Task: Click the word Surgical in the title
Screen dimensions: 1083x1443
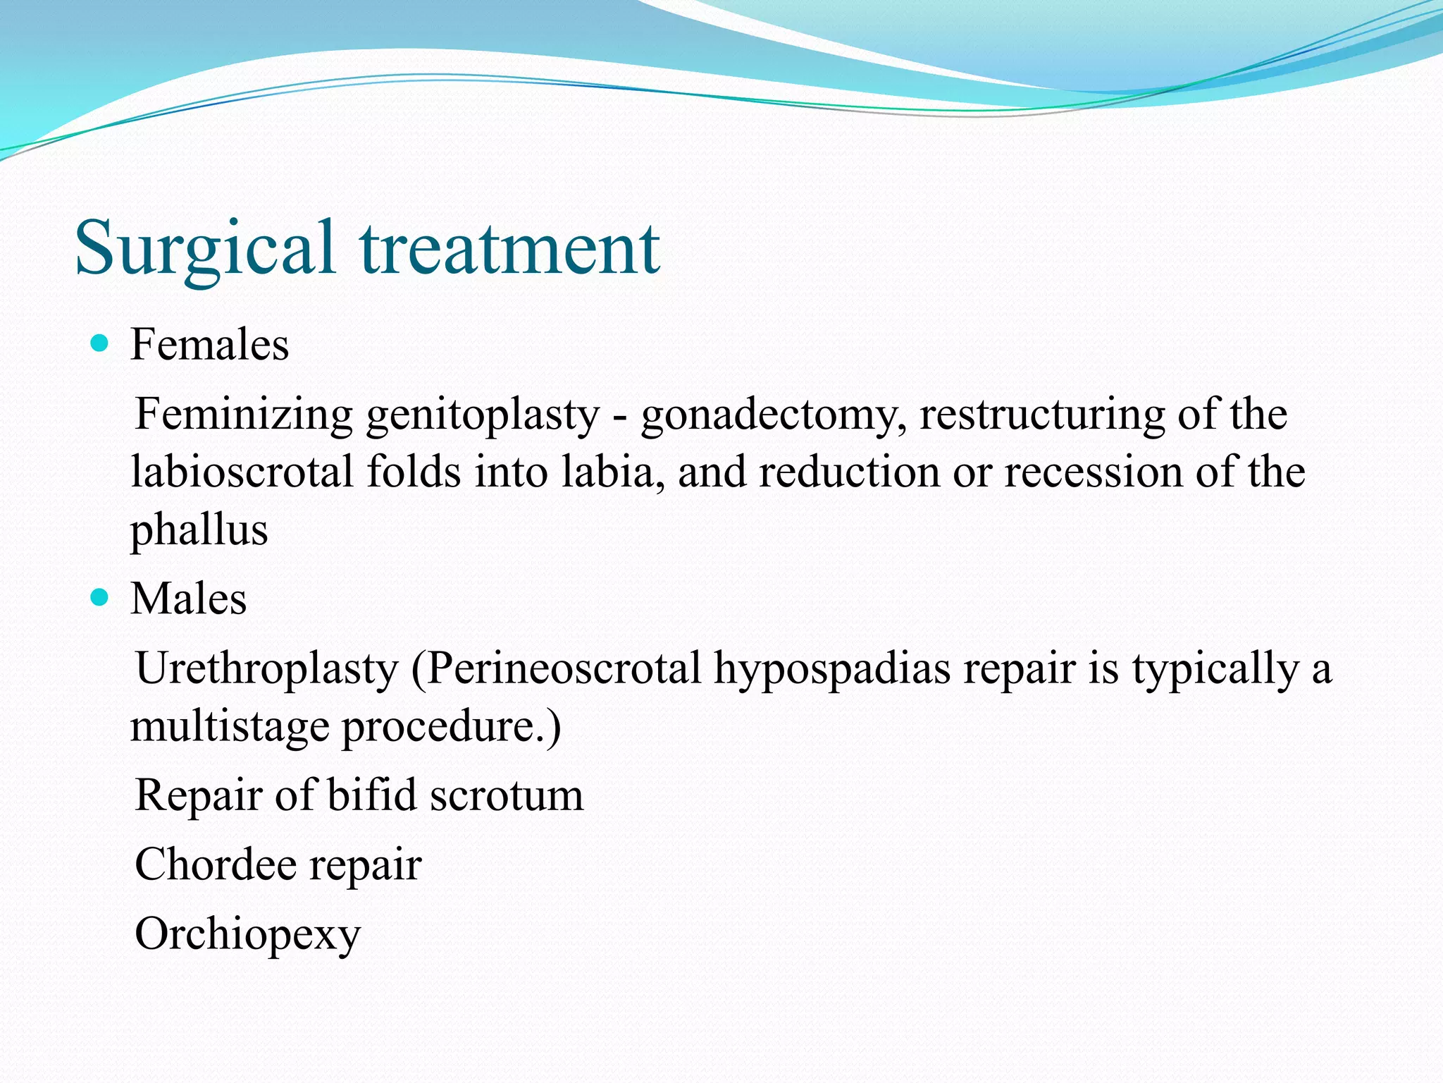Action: click(204, 248)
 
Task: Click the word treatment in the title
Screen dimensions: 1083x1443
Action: click(509, 248)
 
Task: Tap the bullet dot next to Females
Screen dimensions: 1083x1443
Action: click(100, 344)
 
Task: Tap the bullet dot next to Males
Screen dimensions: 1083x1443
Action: click(100, 598)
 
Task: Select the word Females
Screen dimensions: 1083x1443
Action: click(209, 345)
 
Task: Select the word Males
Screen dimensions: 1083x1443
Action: click(188, 599)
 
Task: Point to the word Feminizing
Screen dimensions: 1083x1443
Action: click(243, 415)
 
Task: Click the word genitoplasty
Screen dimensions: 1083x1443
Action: click(483, 415)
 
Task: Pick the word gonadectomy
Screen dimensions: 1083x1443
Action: click(773, 415)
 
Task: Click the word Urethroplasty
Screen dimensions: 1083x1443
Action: click(266, 668)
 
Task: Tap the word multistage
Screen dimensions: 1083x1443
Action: click(230, 726)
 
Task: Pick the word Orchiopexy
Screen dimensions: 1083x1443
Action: click(247, 935)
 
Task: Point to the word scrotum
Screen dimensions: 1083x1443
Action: click(507, 795)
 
